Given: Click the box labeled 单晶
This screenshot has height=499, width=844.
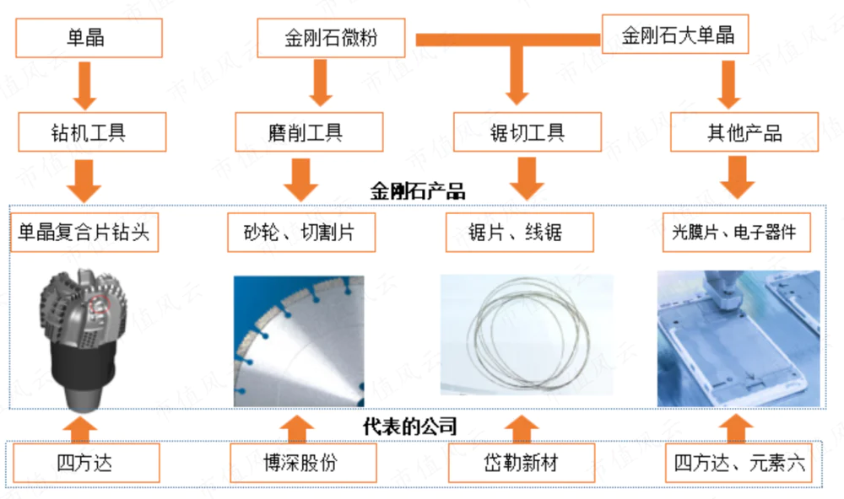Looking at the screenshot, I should click(88, 38).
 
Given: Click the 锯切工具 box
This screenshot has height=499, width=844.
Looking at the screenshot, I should click(527, 132).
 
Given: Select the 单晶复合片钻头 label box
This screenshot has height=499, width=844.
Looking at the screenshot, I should click(84, 232).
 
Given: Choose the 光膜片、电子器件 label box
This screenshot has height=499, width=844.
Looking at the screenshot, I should click(733, 232).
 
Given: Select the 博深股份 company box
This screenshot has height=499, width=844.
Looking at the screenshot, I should click(295, 463).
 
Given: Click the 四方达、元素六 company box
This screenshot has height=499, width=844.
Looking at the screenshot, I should click(740, 463).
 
